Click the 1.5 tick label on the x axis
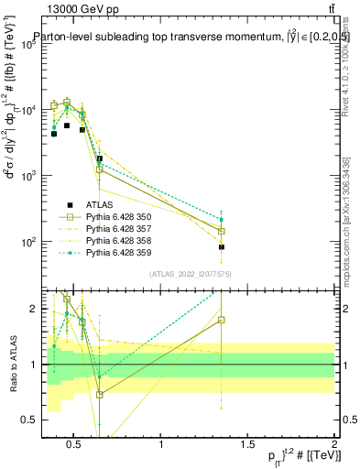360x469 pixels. (x=248, y=446)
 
